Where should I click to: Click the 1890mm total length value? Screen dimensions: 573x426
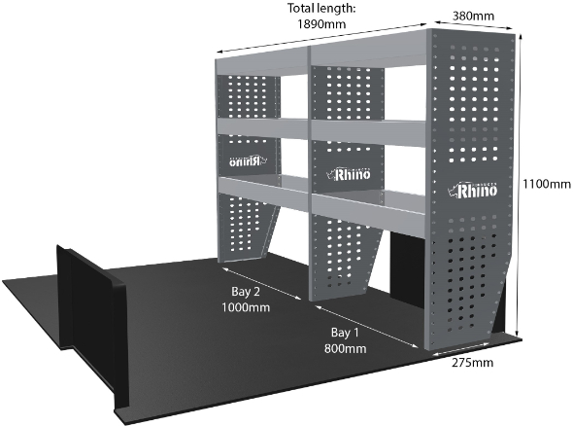point(321,24)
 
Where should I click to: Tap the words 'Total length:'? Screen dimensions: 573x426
point(321,8)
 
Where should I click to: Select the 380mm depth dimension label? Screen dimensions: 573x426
point(473,16)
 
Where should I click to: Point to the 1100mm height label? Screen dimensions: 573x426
point(547,184)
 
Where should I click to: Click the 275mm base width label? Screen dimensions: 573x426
point(472,363)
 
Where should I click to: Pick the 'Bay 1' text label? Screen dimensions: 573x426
point(345,333)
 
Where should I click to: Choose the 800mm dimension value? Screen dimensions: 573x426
point(345,348)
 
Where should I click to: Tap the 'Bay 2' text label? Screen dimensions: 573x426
point(246,292)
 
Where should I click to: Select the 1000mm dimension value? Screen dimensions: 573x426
point(246,306)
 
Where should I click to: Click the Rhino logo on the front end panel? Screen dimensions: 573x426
point(473,190)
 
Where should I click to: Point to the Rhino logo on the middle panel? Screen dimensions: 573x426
point(349,174)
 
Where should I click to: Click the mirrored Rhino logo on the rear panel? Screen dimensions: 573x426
point(249,161)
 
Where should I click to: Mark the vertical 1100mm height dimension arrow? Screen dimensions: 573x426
point(519,185)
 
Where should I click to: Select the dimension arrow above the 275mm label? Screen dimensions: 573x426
point(460,348)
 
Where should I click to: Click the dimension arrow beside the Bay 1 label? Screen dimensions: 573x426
point(366,326)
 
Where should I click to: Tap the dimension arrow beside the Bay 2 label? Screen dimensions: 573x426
point(262,284)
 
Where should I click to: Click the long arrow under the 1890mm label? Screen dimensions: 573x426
point(321,38)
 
